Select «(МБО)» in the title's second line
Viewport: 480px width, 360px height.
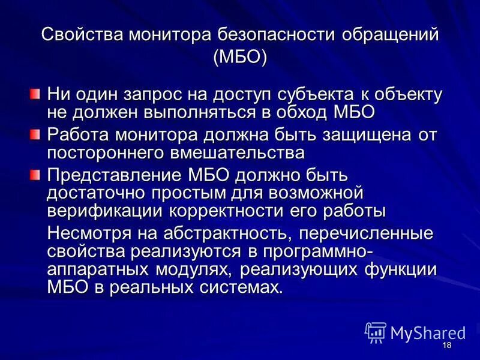tap(240, 58)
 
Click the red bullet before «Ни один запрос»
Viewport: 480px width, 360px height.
tap(35, 94)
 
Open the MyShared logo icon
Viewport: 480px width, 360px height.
tap(375, 332)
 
